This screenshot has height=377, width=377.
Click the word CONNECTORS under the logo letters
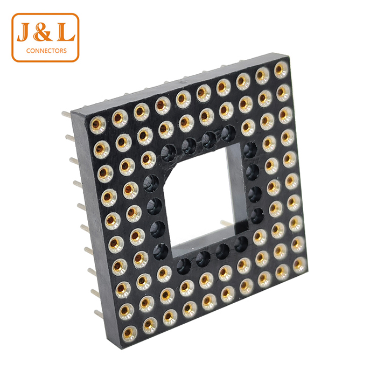(46, 51)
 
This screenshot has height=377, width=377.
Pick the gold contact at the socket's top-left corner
(97, 124)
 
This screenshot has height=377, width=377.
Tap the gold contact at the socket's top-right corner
(281, 70)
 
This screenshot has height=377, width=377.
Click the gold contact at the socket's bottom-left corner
(129, 334)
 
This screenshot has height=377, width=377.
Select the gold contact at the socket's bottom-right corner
(300, 265)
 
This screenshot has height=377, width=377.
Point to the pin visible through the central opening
(226, 222)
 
